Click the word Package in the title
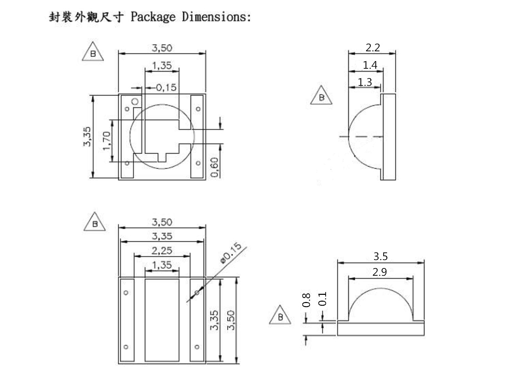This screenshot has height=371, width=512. [x=153, y=17]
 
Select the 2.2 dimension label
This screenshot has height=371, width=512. [x=372, y=47]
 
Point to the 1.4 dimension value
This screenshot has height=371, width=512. [x=370, y=65]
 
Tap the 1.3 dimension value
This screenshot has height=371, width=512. [x=365, y=82]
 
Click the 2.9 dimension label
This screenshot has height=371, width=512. [x=380, y=272]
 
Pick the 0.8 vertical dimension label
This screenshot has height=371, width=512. [x=307, y=300]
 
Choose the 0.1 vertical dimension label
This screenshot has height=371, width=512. [x=323, y=299]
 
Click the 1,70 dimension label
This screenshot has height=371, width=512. [x=106, y=140]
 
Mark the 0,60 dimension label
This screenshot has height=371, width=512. [x=214, y=167]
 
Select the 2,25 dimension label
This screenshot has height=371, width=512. [x=162, y=251]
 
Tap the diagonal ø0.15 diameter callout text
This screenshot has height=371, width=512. [x=231, y=253]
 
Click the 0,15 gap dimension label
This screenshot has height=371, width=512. [x=166, y=87]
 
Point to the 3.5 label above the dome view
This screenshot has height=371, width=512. [x=380, y=256]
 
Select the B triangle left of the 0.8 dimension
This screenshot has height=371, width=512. [x=280, y=316]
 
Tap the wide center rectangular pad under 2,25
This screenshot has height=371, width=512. [x=162, y=320]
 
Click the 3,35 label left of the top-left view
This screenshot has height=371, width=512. [x=87, y=137]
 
